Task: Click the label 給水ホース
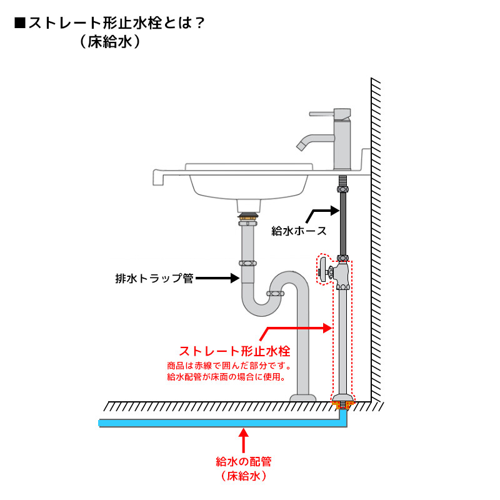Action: [x=299, y=231]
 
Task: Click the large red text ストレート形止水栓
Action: [x=234, y=351]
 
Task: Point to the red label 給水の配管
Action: [x=243, y=462]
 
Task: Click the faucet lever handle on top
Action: [x=325, y=114]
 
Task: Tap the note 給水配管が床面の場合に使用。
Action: [x=226, y=377]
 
